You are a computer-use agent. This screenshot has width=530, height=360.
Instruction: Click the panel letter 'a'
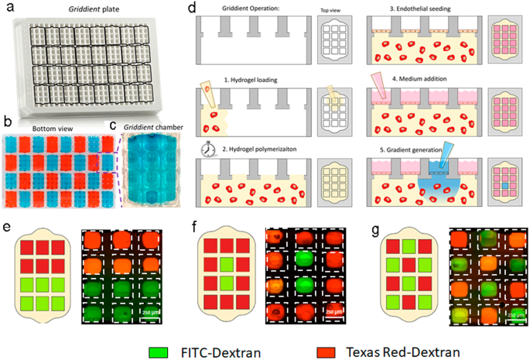(9, 9)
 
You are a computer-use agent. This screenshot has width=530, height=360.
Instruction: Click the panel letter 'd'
(193, 9)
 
